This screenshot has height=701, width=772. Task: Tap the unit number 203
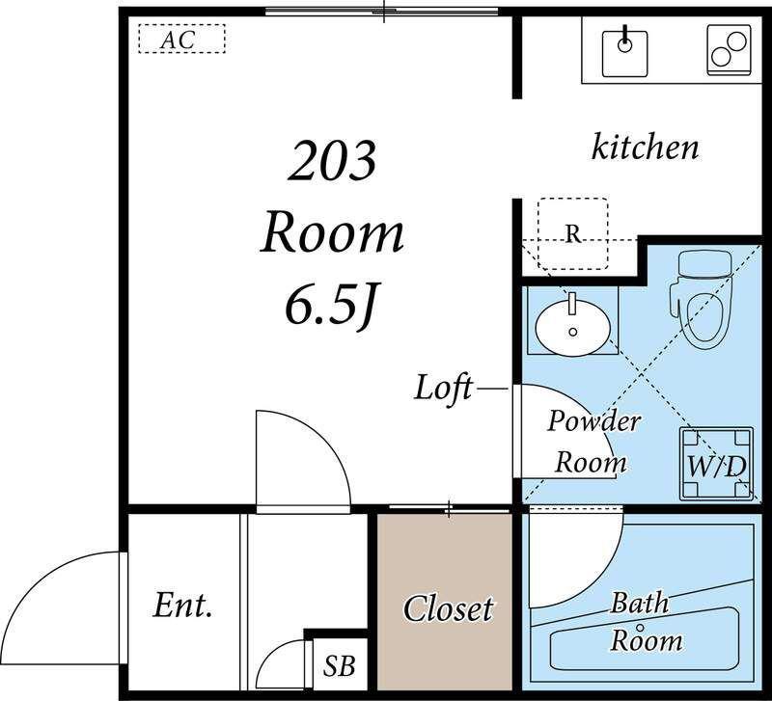coord(332,160)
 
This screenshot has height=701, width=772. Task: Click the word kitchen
coord(645,147)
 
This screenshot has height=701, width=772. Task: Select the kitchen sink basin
coord(624,53)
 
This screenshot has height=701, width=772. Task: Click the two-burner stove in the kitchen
coord(730,50)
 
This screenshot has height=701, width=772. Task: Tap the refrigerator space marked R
coord(573,233)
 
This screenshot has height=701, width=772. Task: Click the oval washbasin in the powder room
coord(573,327)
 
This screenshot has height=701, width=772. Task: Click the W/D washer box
coord(716,465)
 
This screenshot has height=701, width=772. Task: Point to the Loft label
coord(443,389)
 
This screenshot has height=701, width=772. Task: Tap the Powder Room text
coord(593,442)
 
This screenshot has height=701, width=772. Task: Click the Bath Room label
coord(644,622)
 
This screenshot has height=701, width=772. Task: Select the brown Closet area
coord(445,601)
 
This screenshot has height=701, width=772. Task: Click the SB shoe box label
coord(340,666)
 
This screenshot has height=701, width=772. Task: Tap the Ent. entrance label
coord(182,606)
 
